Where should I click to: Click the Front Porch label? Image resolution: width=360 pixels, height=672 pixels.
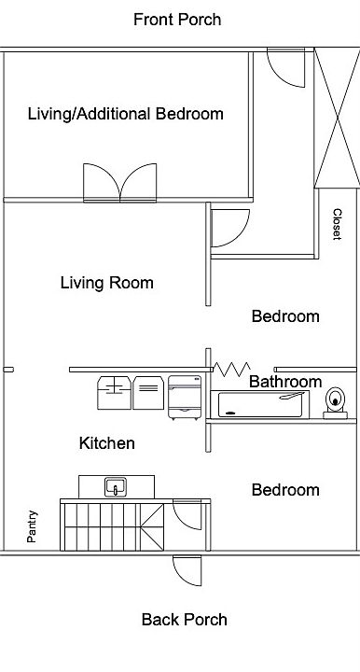[177, 20]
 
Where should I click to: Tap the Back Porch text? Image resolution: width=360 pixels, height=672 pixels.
[184, 619]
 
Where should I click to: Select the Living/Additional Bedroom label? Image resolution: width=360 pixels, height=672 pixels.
[125, 114]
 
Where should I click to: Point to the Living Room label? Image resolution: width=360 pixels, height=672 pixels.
[106, 283]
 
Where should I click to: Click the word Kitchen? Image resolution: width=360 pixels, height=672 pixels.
[106, 442]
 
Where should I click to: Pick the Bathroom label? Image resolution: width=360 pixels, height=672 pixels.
[284, 382]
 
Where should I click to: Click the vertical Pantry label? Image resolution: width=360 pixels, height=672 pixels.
[33, 526]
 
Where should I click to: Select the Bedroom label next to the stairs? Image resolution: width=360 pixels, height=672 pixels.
[284, 490]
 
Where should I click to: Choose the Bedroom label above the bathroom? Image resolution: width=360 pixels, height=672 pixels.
[284, 316]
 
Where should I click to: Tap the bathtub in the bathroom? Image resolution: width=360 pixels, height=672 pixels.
[262, 404]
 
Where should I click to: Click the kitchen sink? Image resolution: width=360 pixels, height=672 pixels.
[116, 486]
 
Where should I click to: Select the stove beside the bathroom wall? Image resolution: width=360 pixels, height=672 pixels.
[184, 396]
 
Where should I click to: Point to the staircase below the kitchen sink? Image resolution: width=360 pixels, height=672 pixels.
[114, 526]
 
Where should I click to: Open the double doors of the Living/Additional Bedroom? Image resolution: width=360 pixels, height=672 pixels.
[120, 183]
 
